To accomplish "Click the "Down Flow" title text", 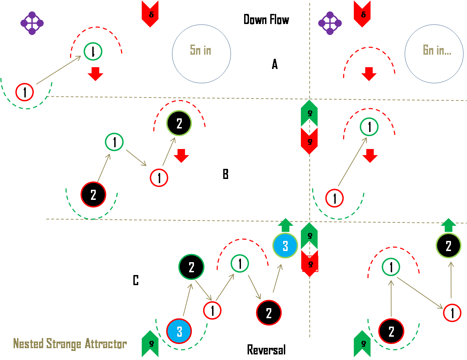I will pos(266,19).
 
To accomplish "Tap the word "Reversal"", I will pos(266,350).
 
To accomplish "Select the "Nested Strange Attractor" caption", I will pos(70,344).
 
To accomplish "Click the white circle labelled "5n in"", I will pos(201,54).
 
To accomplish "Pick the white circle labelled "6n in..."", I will pos(434,54).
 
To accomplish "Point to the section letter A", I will pos(275,64).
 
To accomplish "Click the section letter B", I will pos(225,174).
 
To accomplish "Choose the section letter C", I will pos(136,280).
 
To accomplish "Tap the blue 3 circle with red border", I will pos(179,331).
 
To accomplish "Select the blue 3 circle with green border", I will pos(285,246).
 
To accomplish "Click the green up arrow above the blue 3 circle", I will pos(286,225).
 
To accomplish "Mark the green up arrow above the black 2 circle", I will pos(449,225).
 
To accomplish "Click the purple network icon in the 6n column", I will pos(330,23).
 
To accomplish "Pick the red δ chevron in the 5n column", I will pos(150,14).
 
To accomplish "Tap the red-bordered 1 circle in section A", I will pos(25,92).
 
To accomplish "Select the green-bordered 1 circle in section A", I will pos(93,52).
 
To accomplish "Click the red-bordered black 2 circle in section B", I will pos(93,195).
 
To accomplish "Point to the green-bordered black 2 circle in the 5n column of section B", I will pos(179,123).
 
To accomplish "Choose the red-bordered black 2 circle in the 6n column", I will pos(391,331).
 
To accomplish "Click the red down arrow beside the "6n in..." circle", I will pos(369,74).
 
